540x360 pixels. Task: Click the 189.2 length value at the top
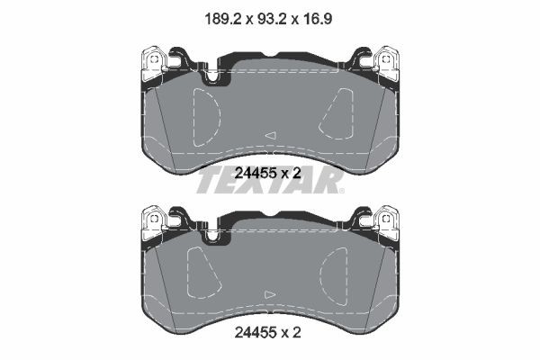(x=217, y=15)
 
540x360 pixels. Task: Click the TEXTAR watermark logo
(x=270, y=179)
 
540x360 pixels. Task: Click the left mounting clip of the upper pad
(x=154, y=63)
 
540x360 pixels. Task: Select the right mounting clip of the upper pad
(x=386, y=63)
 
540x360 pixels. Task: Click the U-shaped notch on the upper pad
(x=213, y=76)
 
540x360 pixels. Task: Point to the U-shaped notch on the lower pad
(x=213, y=236)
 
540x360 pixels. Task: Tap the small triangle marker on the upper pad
(x=270, y=135)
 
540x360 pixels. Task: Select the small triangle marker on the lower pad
(x=270, y=294)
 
